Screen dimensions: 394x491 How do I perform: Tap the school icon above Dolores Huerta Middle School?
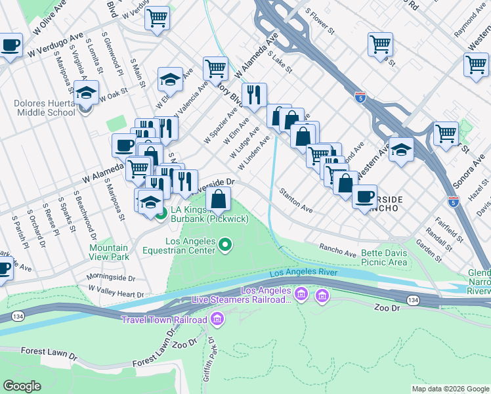86,93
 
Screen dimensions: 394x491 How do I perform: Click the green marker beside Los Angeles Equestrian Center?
225,246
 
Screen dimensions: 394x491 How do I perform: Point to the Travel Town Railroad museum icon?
217,319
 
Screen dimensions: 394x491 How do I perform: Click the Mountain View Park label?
109,253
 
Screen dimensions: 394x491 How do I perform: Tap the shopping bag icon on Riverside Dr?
219,198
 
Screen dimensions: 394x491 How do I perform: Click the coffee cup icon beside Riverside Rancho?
364,196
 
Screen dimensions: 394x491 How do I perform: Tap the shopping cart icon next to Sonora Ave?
446,133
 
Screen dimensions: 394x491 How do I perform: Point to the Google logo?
22,385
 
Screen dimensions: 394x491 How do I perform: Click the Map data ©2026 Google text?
450,389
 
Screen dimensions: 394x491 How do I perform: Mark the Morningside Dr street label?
112,277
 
